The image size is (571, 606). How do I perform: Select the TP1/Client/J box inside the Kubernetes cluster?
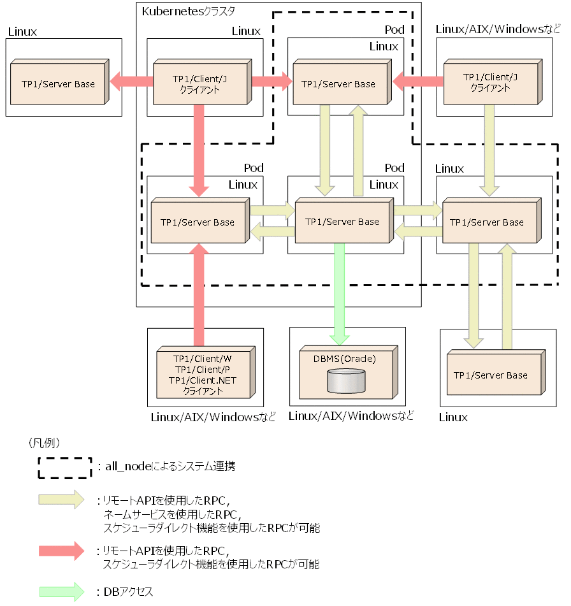(200, 83)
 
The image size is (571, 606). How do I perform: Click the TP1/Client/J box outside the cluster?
(489, 83)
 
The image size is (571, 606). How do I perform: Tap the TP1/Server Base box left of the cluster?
(59, 83)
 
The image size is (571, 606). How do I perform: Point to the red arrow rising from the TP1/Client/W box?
(199, 293)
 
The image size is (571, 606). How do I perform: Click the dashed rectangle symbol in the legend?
(64, 466)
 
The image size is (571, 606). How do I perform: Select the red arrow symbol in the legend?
(61, 551)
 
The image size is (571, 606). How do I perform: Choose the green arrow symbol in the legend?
(61, 591)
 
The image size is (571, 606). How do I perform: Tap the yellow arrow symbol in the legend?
(61, 500)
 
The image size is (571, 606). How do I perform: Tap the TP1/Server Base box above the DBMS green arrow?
(342, 222)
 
